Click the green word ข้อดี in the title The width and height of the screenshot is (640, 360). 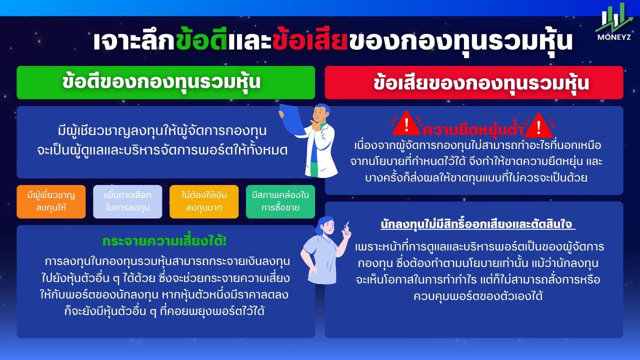tap(201, 41)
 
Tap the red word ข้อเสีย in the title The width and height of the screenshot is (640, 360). tap(309, 41)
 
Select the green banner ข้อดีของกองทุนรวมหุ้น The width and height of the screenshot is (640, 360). tap(165, 82)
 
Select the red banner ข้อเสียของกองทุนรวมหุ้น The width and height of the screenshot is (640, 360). tap(474, 82)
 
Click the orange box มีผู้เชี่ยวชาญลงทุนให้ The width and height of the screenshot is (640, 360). tap(51, 201)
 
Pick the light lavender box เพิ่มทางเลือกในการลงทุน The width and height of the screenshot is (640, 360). tap(127, 201)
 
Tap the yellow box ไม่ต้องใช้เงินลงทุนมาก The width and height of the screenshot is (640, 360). tap(204, 201)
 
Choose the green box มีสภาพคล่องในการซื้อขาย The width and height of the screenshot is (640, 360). tap(280, 201)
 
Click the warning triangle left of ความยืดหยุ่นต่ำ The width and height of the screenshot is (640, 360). tap(406, 124)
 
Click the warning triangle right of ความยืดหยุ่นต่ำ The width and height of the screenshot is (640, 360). tap(539, 125)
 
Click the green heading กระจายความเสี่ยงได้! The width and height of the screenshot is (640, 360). tap(164, 241)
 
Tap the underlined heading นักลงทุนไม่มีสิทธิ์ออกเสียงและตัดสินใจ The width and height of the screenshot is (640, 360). tap(477, 224)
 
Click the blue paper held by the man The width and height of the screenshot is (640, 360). tap(291, 119)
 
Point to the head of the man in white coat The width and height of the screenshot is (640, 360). tap(321, 113)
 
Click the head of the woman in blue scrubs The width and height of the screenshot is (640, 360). tap(325, 225)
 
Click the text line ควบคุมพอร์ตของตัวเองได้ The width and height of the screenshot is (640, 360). tap(477, 296)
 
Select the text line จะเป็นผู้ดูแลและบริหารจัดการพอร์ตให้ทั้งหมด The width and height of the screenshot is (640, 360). tap(162, 150)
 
